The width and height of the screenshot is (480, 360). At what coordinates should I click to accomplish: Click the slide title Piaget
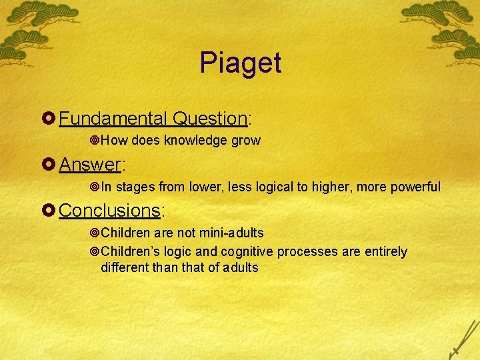pyautogui.click(x=240, y=63)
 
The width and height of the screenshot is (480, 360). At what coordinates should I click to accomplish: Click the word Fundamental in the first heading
pyautogui.click(x=113, y=119)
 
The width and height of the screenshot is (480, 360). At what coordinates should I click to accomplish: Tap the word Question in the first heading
pyautogui.click(x=209, y=119)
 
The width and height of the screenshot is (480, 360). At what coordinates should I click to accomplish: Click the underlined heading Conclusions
pyautogui.click(x=109, y=211)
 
